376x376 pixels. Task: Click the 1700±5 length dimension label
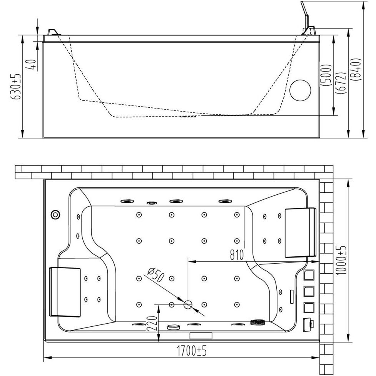192,351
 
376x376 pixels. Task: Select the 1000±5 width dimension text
341,260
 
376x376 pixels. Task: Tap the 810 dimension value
237,255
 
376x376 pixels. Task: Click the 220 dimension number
152,324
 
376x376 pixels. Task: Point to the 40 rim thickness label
33,65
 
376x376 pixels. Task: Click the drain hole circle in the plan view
188,304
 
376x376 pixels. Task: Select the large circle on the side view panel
300,90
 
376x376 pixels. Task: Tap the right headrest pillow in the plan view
300,232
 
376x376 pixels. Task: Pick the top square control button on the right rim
309,275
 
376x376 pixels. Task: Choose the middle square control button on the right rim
309,291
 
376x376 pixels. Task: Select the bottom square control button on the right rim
309,307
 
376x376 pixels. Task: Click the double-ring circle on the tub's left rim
55,214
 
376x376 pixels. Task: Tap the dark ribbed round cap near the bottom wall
258,322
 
